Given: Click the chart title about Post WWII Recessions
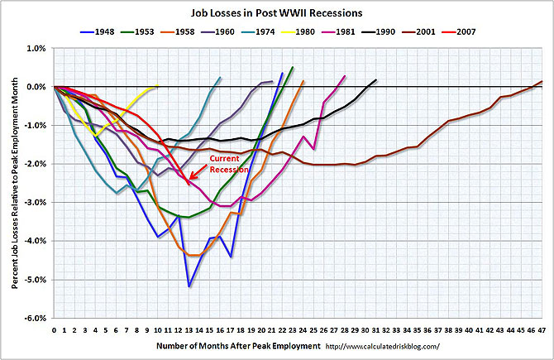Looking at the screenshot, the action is pyautogui.click(x=277, y=13).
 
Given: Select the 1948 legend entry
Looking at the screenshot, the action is pyautogui.click(x=98, y=31).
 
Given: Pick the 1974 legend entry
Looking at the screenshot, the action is pyautogui.click(x=258, y=31).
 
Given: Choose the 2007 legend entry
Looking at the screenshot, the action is pyautogui.click(x=459, y=31).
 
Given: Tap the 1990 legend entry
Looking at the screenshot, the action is pyautogui.click(x=379, y=31).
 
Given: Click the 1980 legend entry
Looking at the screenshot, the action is pyautogui.click(x=298, y=31).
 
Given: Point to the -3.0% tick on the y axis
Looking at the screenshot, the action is pyautogui.click(x=36, y=203).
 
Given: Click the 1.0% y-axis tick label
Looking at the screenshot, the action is pyautogui.click(x=36, y=49).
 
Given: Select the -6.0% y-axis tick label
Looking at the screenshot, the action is pyautogui.click(x=36, y=319).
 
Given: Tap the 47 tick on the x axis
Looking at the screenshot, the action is pyautogui.click(x=542, y=330).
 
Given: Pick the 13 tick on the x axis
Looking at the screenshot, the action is pyautogui.click(x=189, y=330).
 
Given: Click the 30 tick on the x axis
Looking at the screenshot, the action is pyautogui.click(x=365, y=330).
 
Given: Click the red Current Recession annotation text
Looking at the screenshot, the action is pyautogui.click(x=229, y=164).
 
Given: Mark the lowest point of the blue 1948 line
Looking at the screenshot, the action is pyautogui.click(x=189, y=286).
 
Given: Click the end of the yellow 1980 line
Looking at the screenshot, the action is pyautogui.click(x=158, y=85).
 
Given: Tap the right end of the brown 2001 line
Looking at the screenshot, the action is pyautogui.click(x=542, y=82).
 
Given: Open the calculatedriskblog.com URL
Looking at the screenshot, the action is pyautogui.click(x=383, y=347).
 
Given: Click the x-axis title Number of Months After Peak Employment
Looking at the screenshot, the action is pyautogui.click(x=238, y=346).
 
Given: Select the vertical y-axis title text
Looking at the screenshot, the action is pyautogui.click(x=15, y=183).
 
